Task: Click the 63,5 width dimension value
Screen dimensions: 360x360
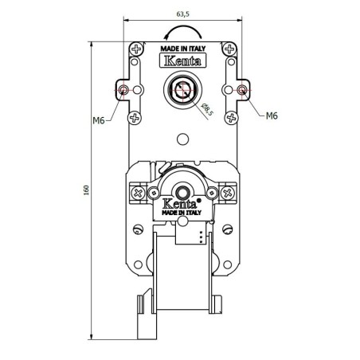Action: (183, 13)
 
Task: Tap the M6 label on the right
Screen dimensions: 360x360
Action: (272, 115)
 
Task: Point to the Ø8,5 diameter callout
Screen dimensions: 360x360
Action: (205, 106)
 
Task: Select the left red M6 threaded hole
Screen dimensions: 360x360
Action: (123, 91)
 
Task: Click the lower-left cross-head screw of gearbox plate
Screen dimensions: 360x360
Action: (136, 117)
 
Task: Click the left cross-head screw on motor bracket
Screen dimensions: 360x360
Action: (138, 193)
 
